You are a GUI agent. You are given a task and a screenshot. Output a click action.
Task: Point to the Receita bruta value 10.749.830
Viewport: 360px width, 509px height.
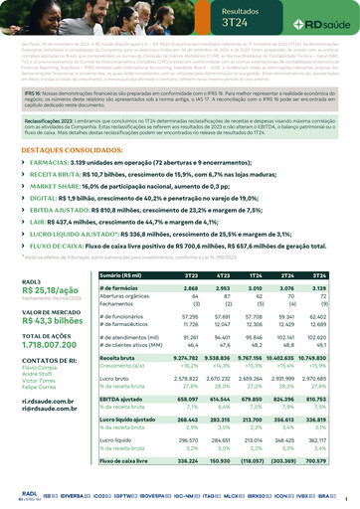[332, 356]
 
